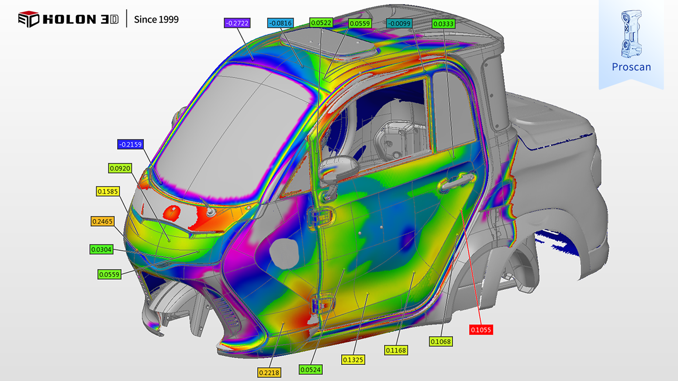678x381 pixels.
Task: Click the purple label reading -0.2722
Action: click(x=237, y=23)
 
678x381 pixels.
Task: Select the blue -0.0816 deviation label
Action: click(x=280, y=23)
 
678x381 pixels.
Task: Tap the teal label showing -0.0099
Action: click(x=399, y=23)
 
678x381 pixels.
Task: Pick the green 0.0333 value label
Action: click(x=443, y=24)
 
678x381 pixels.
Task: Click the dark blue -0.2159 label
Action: click(x=130, y=145)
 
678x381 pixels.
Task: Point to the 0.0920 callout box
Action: click(x=120, y=168)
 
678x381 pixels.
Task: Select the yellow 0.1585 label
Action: click(x=108, y=191)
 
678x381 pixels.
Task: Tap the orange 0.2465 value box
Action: click(x=102, y=221)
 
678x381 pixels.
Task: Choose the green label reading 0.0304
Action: click(x=101, y=249)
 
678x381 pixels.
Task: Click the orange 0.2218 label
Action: click(x=269, y=373)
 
